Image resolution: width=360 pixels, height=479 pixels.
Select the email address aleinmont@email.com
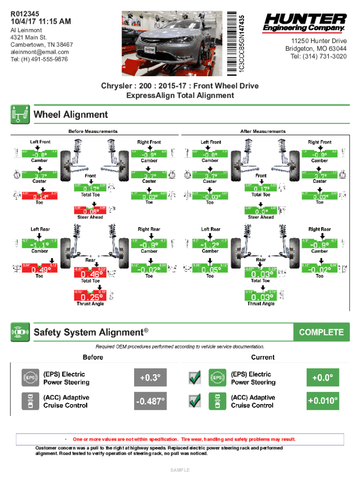tap(40, 52)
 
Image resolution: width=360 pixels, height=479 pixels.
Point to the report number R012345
tap(26, 14)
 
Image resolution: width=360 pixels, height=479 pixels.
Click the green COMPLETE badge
tap(321, 332)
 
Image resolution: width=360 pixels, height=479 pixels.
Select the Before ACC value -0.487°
tap(150, 401)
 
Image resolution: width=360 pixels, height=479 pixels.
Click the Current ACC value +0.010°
tap(322, 401)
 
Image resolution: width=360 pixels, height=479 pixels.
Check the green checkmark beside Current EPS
tap(195, 377)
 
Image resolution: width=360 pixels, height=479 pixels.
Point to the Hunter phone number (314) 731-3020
tap(318, 56)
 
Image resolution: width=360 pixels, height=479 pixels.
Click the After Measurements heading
tap(263, 131)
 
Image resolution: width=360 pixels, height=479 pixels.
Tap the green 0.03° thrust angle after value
tap(261, 297)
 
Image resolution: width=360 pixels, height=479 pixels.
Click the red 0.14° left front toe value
tap(39, 197)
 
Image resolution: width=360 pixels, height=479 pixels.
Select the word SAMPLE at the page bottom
tap(180, 469)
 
